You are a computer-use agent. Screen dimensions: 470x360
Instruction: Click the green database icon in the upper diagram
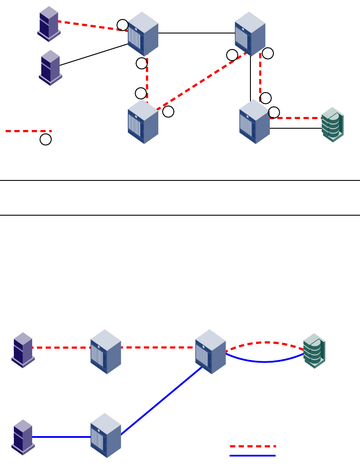click(x=333, y=124)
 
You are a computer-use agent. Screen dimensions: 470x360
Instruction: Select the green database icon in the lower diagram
click(x=314, y=350)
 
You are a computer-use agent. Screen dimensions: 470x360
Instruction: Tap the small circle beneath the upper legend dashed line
click(x=46, y=140)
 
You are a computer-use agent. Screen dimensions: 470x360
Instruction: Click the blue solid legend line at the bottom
click(x=253, y=456)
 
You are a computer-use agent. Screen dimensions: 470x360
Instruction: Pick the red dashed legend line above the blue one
click(x=253, y=446)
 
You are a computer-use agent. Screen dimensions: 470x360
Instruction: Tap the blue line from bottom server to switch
click(x=61, y=437)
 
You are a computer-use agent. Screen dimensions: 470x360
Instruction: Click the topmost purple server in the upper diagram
click(x=48, y=23)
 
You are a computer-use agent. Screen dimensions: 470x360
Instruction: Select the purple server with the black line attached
click(x=50, y=67)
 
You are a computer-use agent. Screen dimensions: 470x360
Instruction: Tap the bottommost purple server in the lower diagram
click(x=23, y=437)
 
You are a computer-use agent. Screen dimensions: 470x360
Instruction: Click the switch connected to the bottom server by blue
click(x=106, y=435)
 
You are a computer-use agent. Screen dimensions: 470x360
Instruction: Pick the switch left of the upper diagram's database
click(x=254, y=122)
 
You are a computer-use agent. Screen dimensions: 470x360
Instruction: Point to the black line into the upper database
click(x=296, y=128)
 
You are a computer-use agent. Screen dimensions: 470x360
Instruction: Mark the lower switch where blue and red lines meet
click(x=210, y=351)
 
